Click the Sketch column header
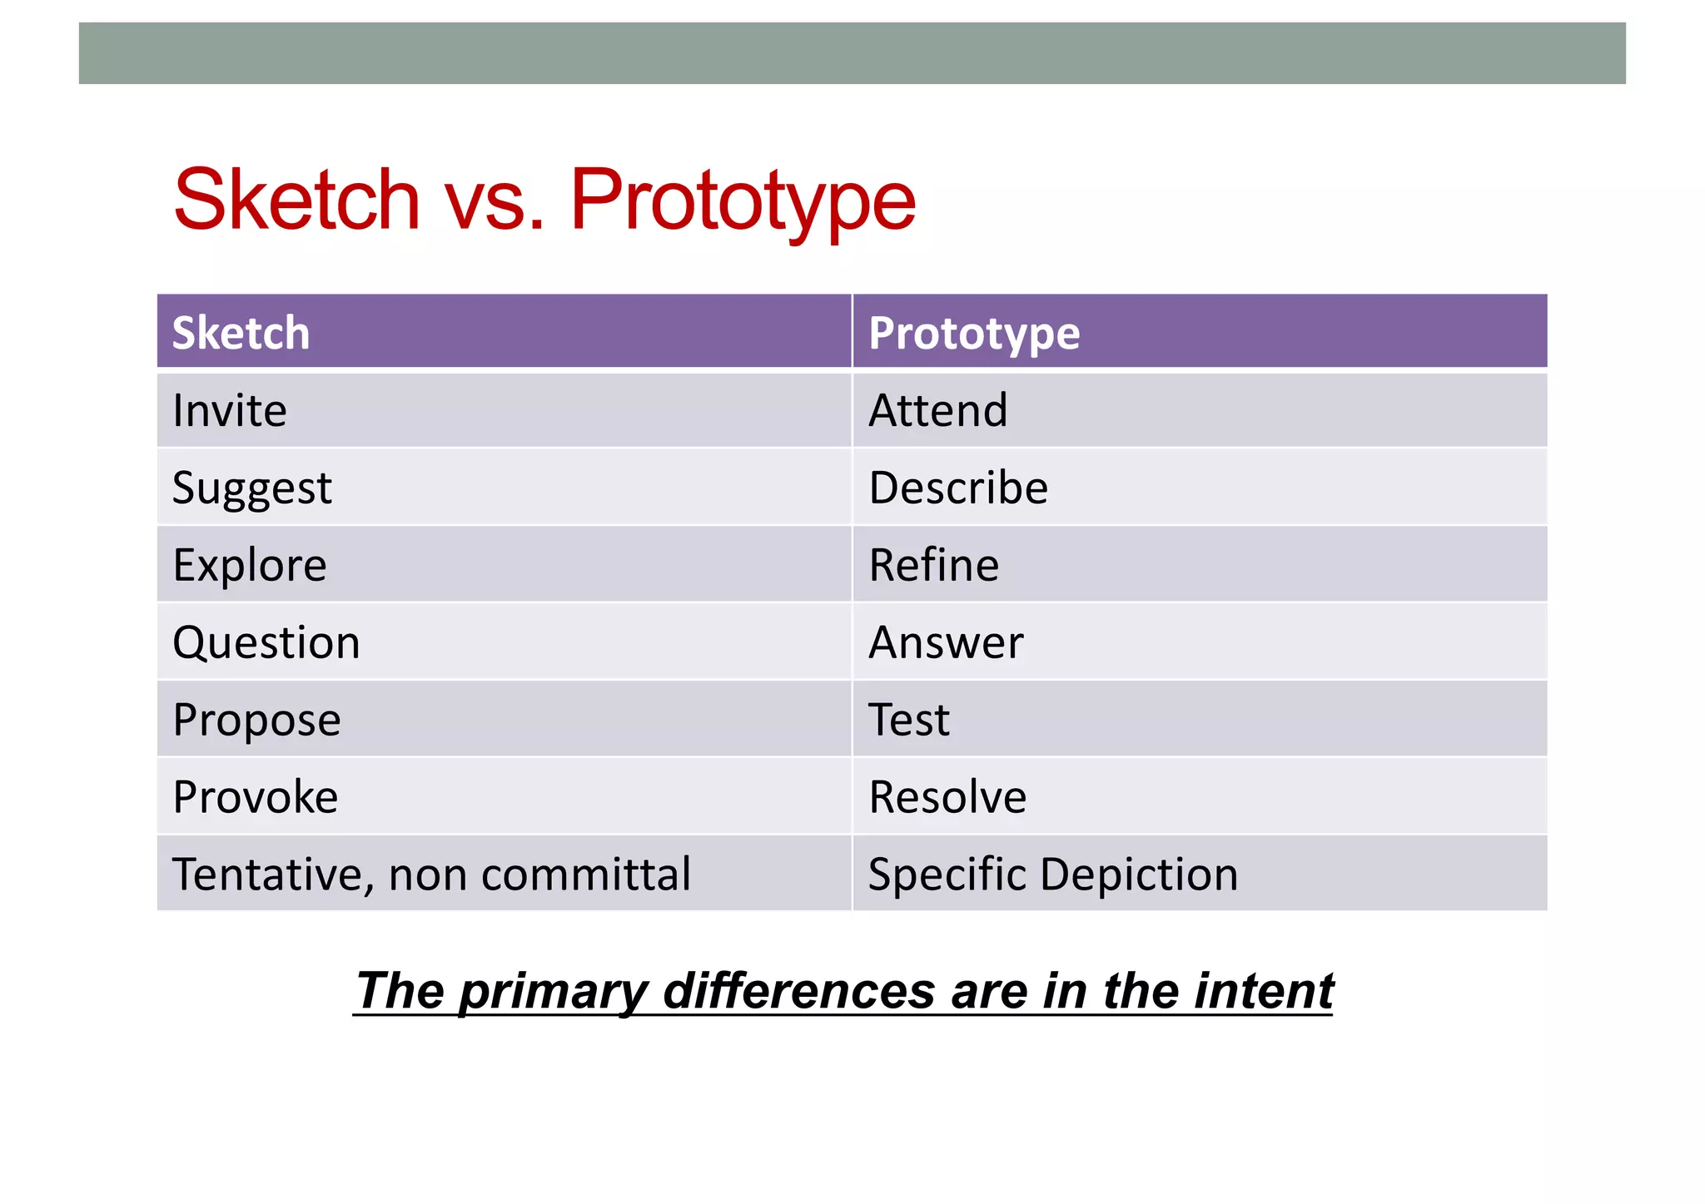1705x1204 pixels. pyautogui.click(x=241, y=333)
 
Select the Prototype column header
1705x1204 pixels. pyautogui.click(x=973, y=333)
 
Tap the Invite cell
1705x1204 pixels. pyautogui.click(x=230, y=410)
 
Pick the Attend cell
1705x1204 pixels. pyautogui.click(x=937, y=410)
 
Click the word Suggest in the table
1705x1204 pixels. pyautogui.click(x=251, y=488)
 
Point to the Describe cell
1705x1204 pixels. pyautogui.click(x=957, y=488)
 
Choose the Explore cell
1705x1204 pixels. pyautogui.click(x=249, y=565)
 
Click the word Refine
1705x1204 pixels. pyautogui.click(x=933, y=565)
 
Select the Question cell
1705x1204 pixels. pyautogui.click(x=266, y=642)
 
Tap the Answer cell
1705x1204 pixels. pyautogui.click(x=945, y=642)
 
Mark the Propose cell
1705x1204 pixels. pyautogui.click(x=256, y=720)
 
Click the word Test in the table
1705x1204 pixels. pyautogui.click(x=908, y=720)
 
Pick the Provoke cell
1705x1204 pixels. pyautogui.click(x=255, y=797)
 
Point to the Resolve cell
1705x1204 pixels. pyautogui.click(x=947, y=797)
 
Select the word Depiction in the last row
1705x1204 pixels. pyautogui.click(x=1139, y=875)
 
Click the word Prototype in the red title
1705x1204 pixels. pyautogui.click(x=742, y=201)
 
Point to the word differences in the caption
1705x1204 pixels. pyautogui.click(x=798, y=990)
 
